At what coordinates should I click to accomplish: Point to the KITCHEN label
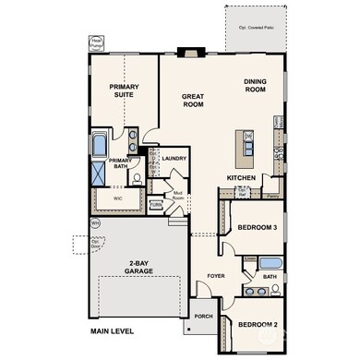[241, 178]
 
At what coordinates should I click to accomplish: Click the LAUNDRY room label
[174, 158]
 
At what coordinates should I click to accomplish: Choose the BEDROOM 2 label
[258, 324]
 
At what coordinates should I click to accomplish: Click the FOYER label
[216, 274]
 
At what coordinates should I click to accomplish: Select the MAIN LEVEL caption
[114, 330]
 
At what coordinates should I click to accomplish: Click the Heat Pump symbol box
[96, 43]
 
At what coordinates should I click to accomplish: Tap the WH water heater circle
[95, 222]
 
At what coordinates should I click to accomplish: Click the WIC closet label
[118, 197]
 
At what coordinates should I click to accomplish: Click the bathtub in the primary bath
[100, 146]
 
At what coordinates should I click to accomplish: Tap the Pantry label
[271, 196]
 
